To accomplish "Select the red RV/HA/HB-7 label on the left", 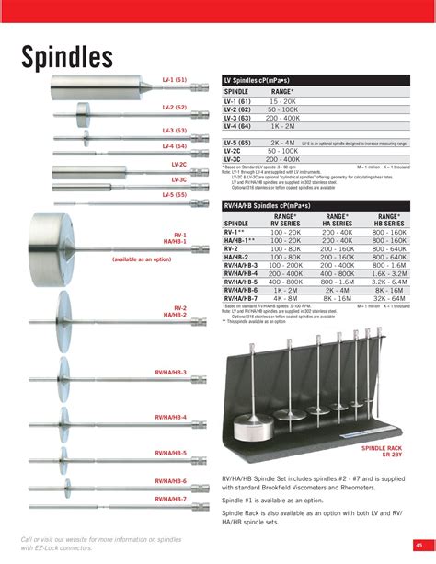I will click(171, 499).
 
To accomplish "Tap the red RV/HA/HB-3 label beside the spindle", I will click(171, 373).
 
